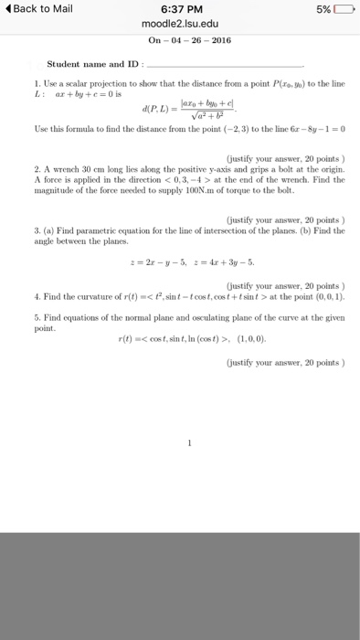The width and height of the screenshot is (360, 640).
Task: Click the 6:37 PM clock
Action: pyautogui.click(x=179, y=9)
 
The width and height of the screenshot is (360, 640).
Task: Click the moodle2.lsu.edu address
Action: pyautogui.click(x=179, y=25)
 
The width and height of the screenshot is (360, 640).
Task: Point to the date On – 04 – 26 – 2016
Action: pyautogui.click(x=179, y=40)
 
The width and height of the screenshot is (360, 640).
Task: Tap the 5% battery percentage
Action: pyautogui.click(x=323, y=9)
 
